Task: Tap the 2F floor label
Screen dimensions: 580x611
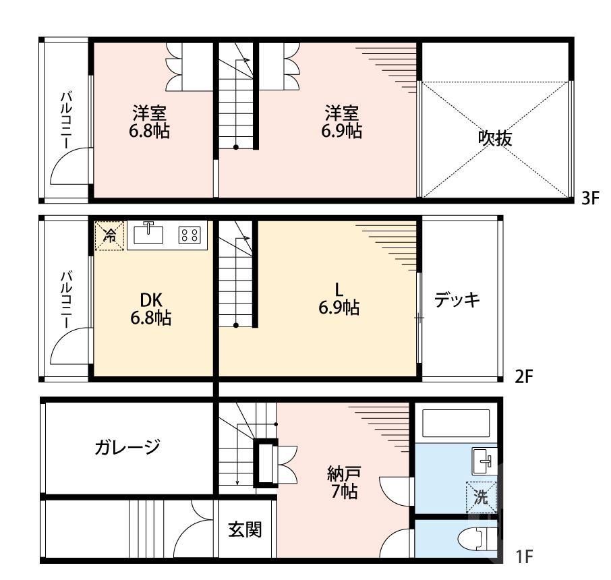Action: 524,376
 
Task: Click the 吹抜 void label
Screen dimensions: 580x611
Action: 495,138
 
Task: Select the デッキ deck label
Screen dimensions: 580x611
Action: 457,299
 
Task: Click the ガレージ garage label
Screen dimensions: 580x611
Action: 127,446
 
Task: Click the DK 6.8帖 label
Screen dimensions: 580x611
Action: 150,308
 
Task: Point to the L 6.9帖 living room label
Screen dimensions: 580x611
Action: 339,299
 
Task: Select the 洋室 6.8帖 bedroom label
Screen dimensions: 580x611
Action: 150,121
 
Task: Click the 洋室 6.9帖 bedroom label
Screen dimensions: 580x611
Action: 341,121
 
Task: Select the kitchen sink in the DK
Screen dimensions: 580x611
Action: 149,233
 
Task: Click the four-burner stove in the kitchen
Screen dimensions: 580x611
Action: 190,235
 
